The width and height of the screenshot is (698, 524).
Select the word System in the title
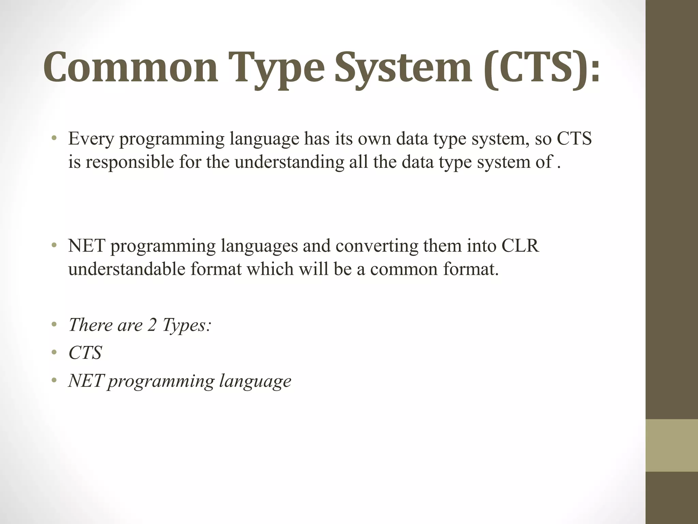(404, 68)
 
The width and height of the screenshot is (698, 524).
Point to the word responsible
(130, 162)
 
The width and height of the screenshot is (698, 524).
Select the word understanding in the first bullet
(289, 162)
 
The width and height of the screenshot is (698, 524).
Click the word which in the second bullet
(270, 269)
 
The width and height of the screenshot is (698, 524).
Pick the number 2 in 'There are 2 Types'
(152, 325)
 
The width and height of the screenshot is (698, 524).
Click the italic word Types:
(187, 325)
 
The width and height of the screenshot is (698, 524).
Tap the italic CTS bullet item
(85, 353)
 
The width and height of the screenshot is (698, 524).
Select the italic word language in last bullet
(255, 381)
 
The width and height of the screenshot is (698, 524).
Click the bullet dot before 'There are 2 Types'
(54, 325)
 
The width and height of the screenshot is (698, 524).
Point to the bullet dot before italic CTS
(54, 353)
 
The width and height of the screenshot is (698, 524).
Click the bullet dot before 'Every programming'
(54, 139)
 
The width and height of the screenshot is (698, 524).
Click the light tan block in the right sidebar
(672, 445)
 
